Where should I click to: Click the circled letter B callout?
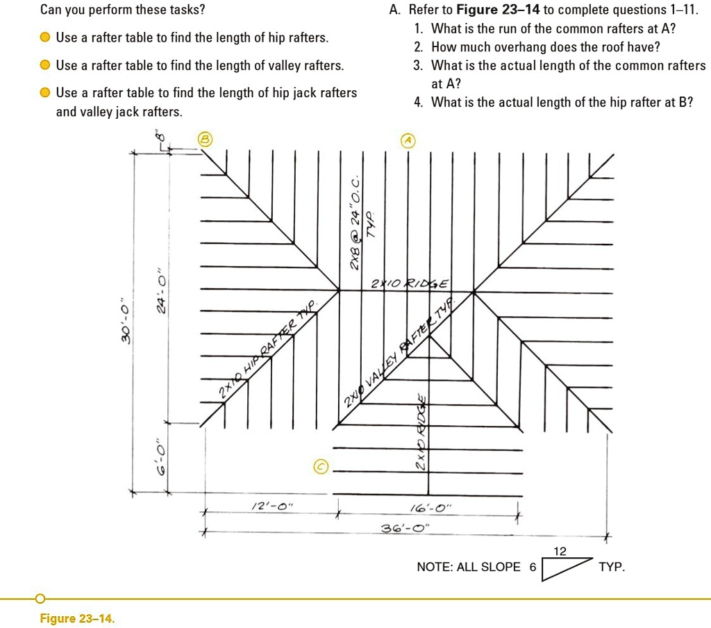pyautogui.click(x=205, y=138)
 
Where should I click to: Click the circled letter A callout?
pyautogui.click(x=408, y=140)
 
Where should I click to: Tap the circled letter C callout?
pyautogui.click(x=320, y=466)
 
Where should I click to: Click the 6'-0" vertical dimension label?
pyautogui.click(x=161, y=457)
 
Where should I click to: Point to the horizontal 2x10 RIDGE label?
pyautogui.click(x=410, y=283)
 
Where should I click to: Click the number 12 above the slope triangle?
pyautogui.click(x=560, y=552)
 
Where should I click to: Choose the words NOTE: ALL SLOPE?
pyautogui.click(x=468, y=567)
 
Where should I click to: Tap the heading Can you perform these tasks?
pyautogui.click(x=123, y=10)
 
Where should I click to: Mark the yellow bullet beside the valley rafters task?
pyautogui.click(x=45, y=65)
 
